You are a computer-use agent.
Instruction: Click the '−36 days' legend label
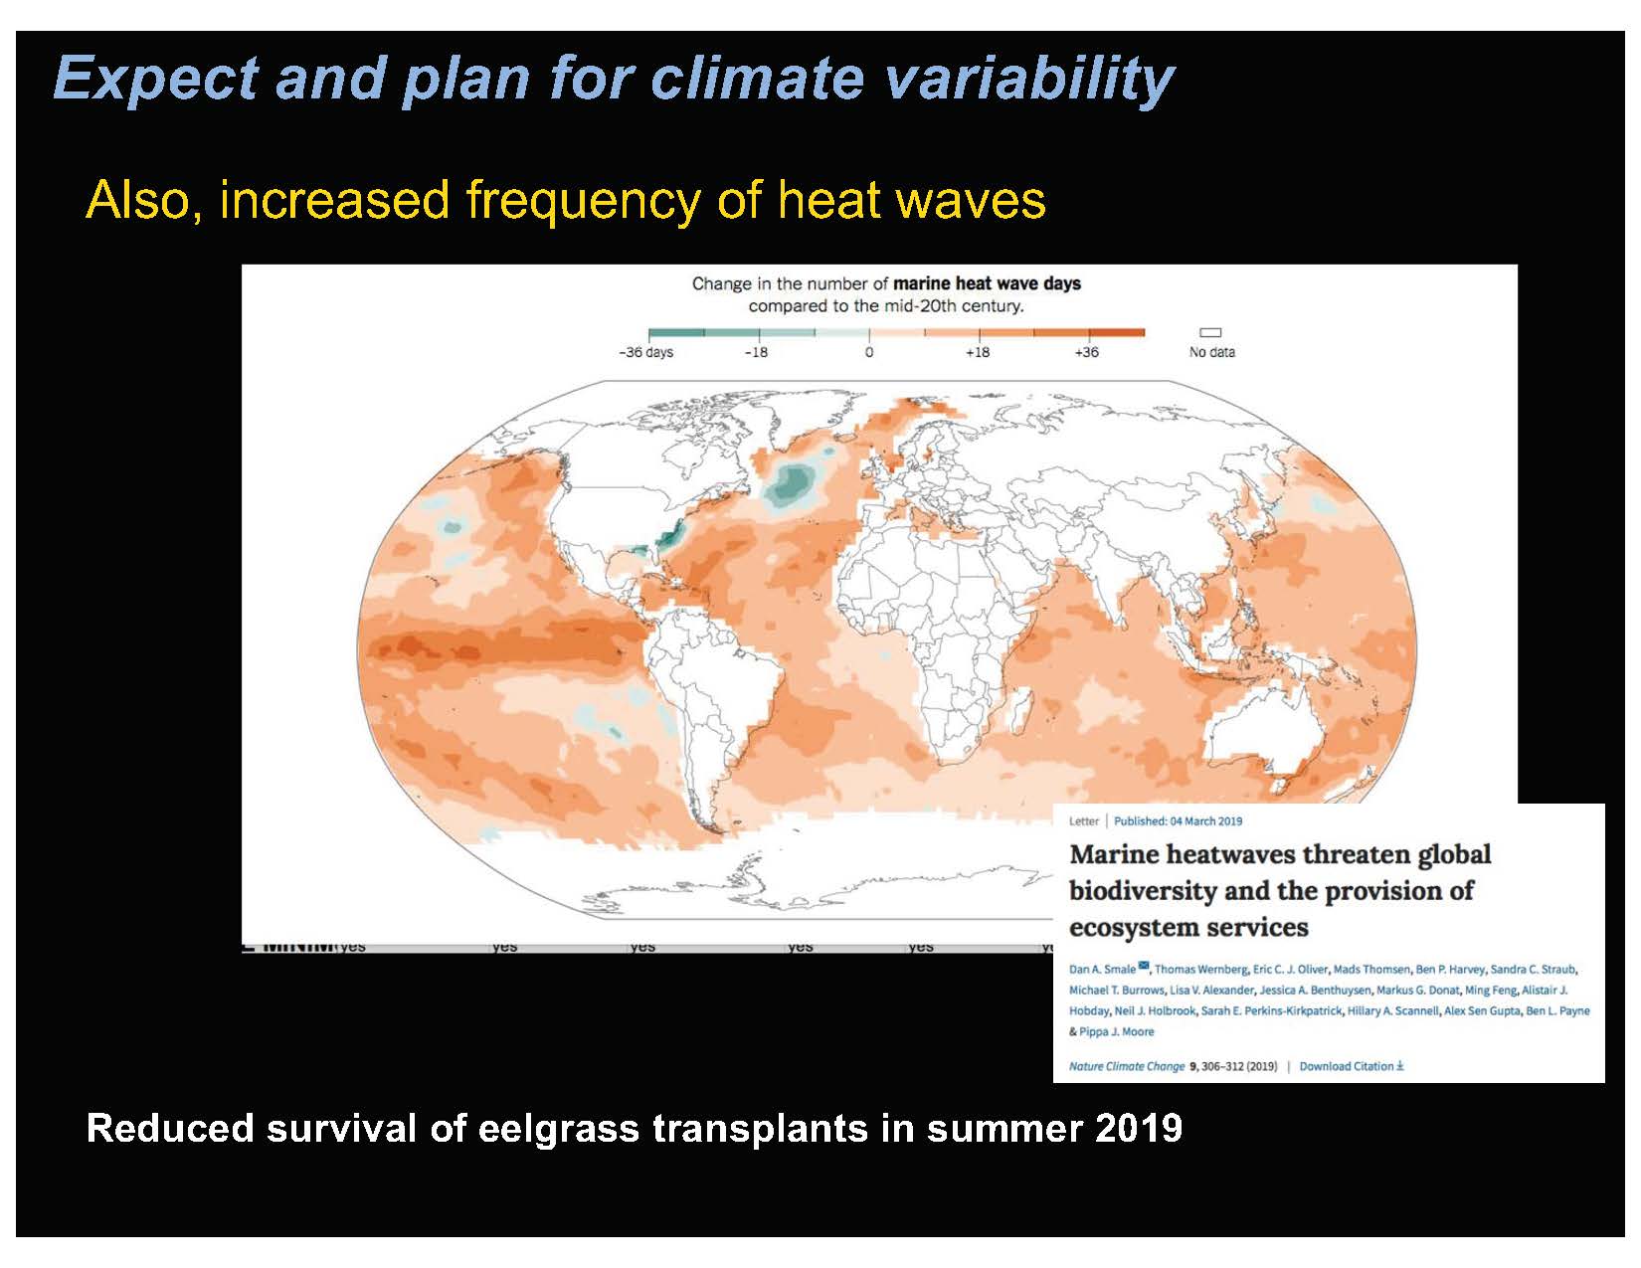(x=645, y=353)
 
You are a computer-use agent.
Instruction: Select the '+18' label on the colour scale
(x=978, y=353)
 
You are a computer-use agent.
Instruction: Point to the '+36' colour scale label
(x=1086, y=353)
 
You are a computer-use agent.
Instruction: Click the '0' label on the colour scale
(x=868, y=353)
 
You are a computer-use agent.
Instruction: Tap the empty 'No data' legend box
(x=1210, y=333)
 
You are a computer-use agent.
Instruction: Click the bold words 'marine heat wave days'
(x=987, y=284)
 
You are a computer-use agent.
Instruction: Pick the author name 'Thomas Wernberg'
(x=1200, y=970)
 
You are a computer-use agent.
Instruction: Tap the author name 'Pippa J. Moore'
(x=1117, y=1032)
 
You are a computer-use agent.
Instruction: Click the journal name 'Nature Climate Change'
(x=1126, y=1066)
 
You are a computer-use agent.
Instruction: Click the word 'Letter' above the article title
(x=1083, y=821)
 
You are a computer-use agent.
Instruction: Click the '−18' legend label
(x=756, y=353)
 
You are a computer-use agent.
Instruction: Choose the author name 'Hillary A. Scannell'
(x=1392, y=1011)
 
